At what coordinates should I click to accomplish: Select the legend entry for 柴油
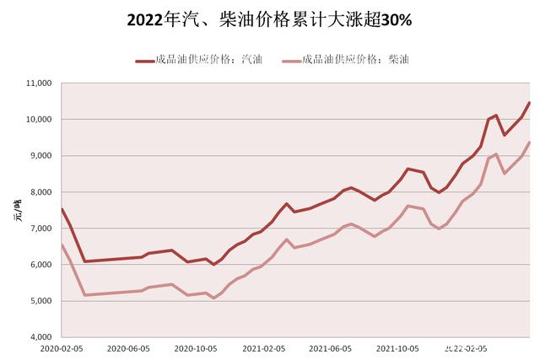coord(347,60)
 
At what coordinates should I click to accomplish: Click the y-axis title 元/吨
coord(14,210)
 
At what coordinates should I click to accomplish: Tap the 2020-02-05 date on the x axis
coord(62,347)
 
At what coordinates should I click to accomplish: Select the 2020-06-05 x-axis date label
coord(129,347)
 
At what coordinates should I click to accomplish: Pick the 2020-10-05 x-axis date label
coord(196,347)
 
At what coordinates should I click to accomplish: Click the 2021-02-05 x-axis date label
coord(263,347)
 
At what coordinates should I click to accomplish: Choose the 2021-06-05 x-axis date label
coord(330,347)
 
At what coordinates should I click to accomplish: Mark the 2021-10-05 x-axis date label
coord(397,347)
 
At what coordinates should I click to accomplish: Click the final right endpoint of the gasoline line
coord(529,103)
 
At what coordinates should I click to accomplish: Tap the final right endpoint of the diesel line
coord(529,142)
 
